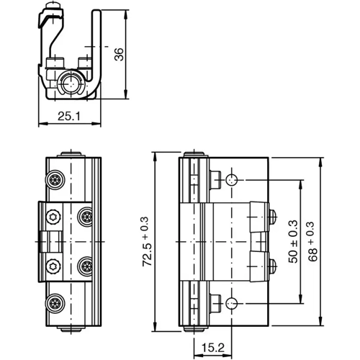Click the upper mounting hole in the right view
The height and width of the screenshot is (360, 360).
pos(232,179)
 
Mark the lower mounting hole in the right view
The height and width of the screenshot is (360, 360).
pos(232,302)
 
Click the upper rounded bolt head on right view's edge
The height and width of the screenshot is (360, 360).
pos(273,215)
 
